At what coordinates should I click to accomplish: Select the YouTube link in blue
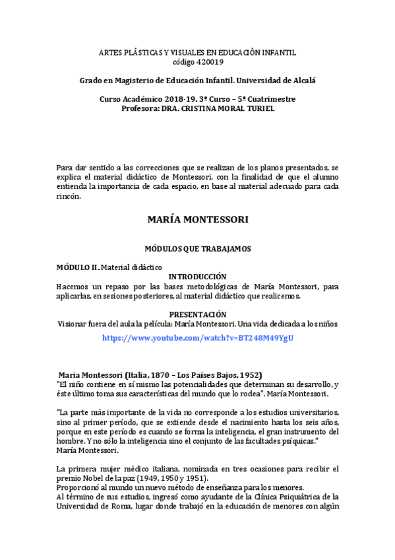click(x=197, y=337)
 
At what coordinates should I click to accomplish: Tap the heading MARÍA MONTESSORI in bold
click(x=198, y=218)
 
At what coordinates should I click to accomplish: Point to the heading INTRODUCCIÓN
click(x=198, y=276)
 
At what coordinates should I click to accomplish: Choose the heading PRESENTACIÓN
click(x=198, y=314)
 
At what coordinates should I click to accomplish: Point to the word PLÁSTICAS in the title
click(x=142, y=52)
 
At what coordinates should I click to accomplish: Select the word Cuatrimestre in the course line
click(x=270, y=99)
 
